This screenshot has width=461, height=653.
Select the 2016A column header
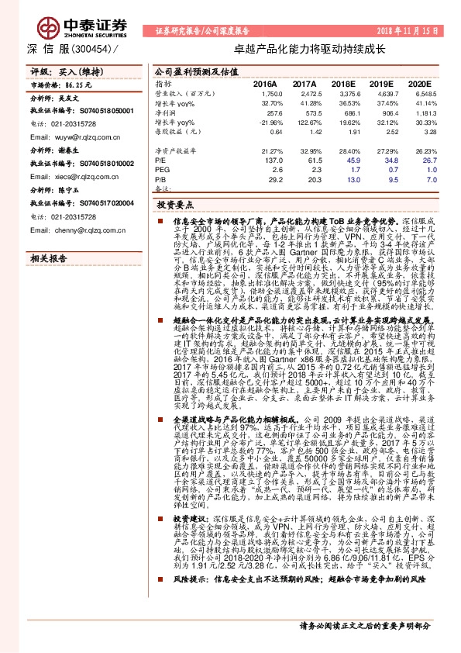pyautogui.click(x=266, y=83)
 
